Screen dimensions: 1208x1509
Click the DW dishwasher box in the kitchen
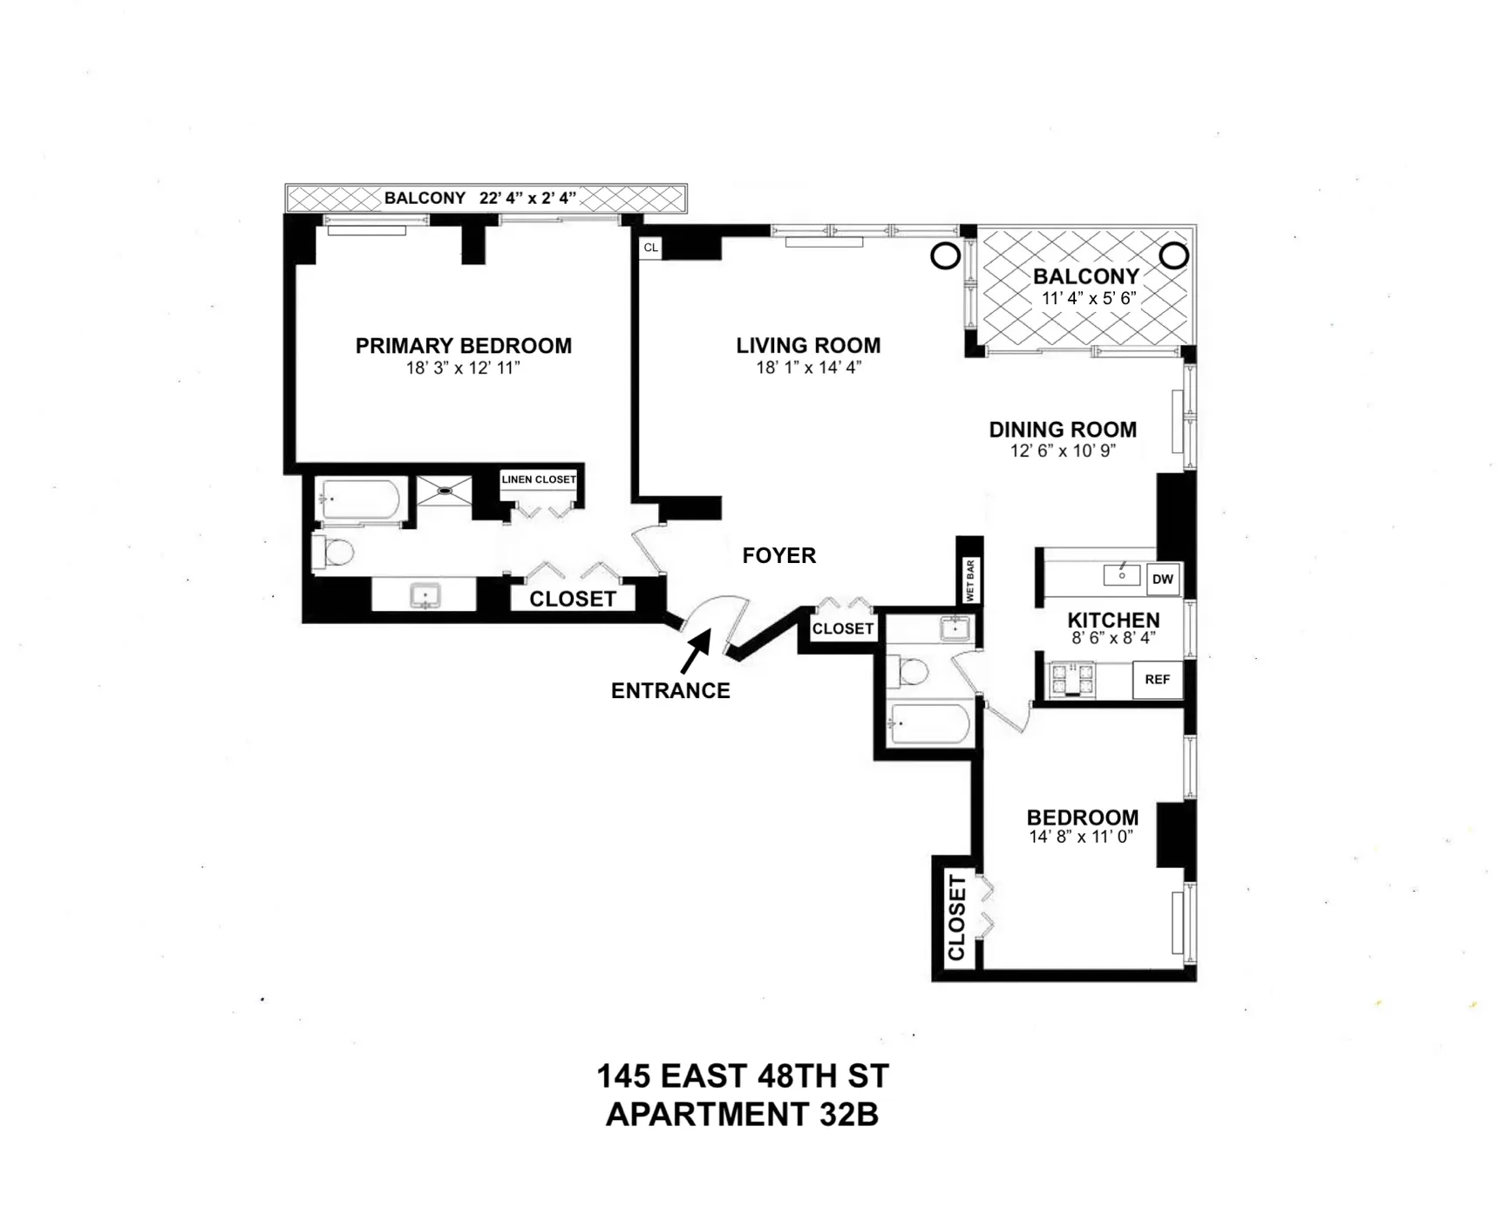tap(1163, 579)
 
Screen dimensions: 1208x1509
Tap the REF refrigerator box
tap(1157, 680)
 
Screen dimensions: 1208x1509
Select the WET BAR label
tap(970, 580)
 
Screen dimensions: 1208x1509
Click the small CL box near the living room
tap(650, 248)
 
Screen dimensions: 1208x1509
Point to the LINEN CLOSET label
tap(539, 479)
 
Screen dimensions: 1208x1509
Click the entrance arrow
tap(695, 653)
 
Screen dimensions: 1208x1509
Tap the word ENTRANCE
tap(670, 691)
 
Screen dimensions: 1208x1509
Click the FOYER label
tap(778, 555)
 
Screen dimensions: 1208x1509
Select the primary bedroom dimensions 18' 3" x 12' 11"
tap(463, 368)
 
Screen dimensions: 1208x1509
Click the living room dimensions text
tap(808, 368)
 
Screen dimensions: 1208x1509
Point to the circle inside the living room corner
tap(946, 256)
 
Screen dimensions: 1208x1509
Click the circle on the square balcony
tap(1174, 255)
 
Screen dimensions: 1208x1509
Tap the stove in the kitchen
tap(1073, 680)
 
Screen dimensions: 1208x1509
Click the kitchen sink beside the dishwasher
tap(1122, 575)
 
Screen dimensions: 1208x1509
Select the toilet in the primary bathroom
tap(334, 552)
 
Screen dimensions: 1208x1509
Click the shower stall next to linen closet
tap(444, 491)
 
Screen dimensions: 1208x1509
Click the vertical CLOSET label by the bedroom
tap(956, 918)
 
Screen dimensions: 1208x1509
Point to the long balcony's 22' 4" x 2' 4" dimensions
tap(528, 198)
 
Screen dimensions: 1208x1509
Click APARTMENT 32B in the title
tap(742, 1115)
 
